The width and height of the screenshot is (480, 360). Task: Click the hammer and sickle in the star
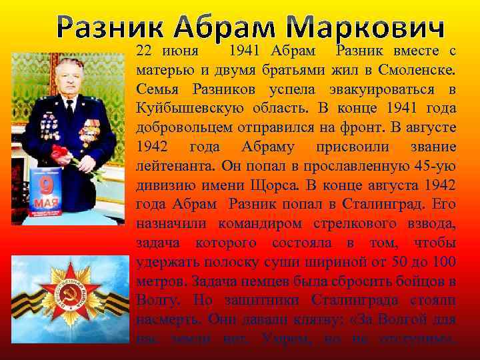[x=67, y=293]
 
